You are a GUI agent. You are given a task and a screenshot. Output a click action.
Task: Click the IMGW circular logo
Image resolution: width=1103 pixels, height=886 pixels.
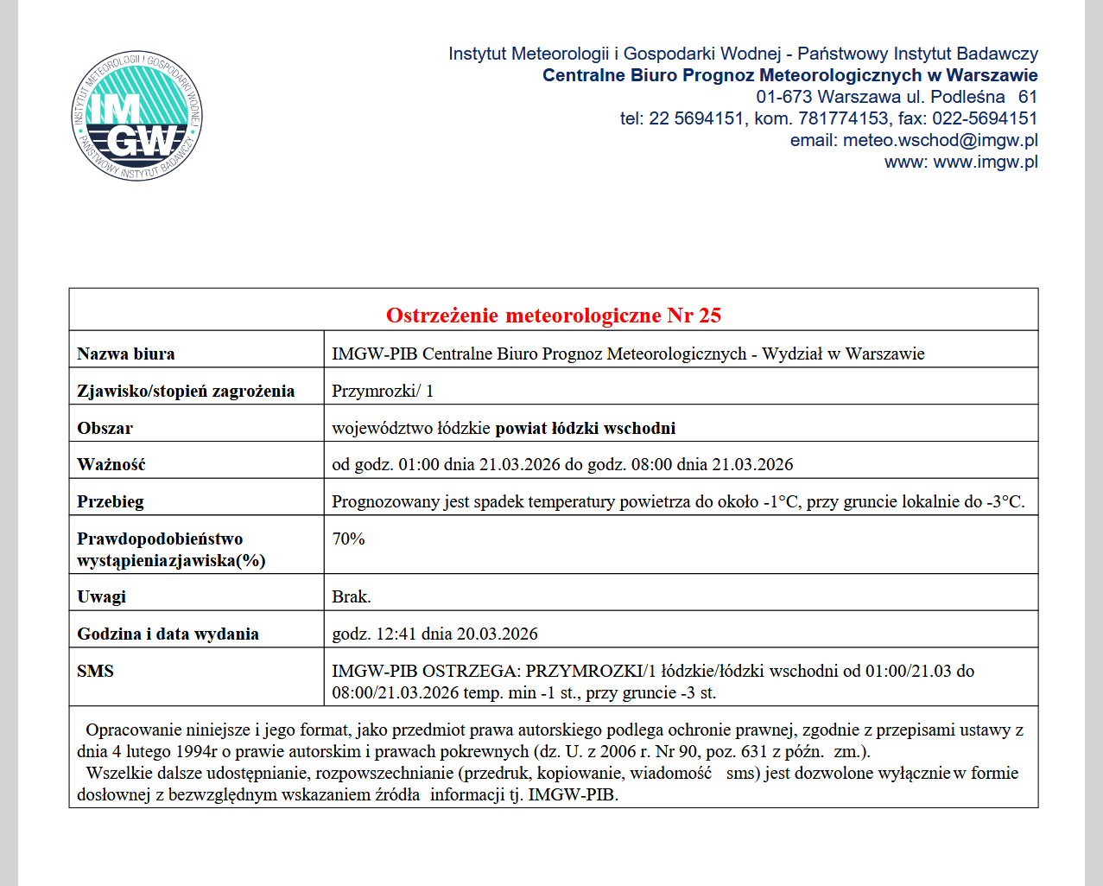pyautogui.click(x=137, y=116)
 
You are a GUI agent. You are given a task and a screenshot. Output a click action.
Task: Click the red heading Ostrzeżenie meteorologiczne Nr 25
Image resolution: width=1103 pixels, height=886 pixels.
pyautogui.click(x=553, y=316)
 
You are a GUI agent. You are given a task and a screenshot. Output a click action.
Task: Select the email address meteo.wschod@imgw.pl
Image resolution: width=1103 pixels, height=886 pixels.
pyautogui.click(x=940, y=140)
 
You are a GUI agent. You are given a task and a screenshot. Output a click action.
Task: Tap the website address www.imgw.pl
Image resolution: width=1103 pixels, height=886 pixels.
pyautogui.click(x=986, y=162)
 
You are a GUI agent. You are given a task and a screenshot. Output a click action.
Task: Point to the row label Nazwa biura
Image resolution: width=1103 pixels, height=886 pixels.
pyautogui.click(x=126, y=354)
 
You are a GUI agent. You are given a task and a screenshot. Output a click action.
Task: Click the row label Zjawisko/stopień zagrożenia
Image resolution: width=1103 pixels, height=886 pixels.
pyautogui.click(x=186, y=391)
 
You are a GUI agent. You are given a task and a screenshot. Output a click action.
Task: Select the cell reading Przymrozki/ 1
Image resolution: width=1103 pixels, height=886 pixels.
pyautogui.click(x=383, y=391)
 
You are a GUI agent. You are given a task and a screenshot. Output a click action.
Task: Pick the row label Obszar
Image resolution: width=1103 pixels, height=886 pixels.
pyautogui.click(x=105, y=428)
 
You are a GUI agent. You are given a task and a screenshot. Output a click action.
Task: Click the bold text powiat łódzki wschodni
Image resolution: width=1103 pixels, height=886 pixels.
pyautogui.click(x=585, y=428)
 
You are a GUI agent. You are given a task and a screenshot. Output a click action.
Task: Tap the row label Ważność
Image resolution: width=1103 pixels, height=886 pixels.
pyautogui.click(x=111, y=464)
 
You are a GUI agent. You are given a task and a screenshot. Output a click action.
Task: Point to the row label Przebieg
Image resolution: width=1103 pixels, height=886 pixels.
pyautogui.click(x=111, y=501)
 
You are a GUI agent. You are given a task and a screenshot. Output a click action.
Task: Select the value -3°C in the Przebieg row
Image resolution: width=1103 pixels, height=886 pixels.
pyautogui.click(x=1005, y=501)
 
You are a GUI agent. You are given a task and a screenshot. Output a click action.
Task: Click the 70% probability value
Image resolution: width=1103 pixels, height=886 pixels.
pyautogui.click(x=348, y=539)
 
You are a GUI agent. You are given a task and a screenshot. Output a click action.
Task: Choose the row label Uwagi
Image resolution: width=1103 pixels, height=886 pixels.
pyautogui.click(x=102, y=596)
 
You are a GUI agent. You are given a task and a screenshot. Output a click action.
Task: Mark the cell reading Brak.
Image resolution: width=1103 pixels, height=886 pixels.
pyautogui.click(x=352, y=596)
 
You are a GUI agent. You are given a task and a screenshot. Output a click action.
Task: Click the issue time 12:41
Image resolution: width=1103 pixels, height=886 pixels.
pyautogui.click(x=396, y=634)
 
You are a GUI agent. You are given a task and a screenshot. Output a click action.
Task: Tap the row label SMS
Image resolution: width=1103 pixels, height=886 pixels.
pyautogui.click(x=95, y=671)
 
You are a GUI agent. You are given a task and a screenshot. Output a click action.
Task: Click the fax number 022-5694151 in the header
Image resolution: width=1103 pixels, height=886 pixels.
pyautogui.click(x=984, y=118)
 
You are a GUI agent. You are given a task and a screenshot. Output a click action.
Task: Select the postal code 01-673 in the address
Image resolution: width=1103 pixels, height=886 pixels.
pyautogui.click(x=783, y=97)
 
